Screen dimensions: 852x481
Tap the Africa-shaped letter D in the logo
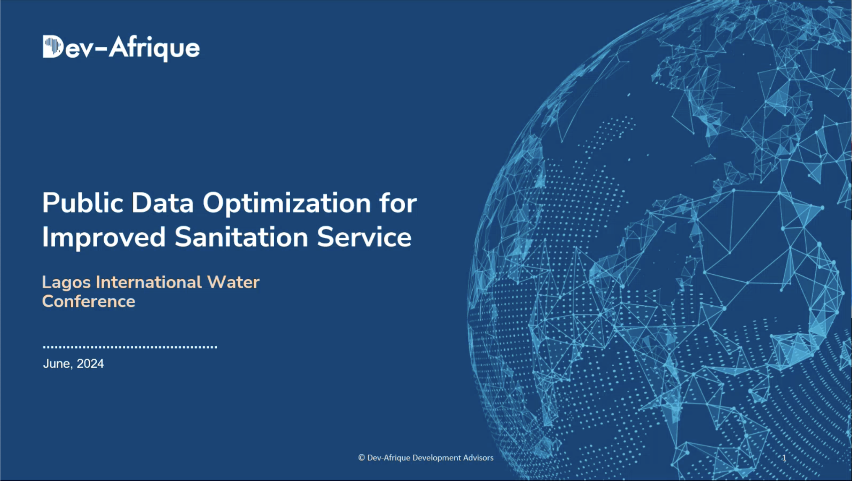pos(53,46)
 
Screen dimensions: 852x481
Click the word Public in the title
pos(83,204)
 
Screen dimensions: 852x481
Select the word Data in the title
pos(162,203)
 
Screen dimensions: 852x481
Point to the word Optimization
pos(287,204)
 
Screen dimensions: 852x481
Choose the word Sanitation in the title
pos(241,237)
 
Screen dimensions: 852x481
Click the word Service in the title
pos(364,237)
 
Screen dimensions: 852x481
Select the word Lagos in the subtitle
pos(66,283)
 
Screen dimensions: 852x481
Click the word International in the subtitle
pos(149,282)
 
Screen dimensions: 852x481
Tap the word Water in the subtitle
pos(233,282)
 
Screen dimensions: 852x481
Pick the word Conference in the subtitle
pos(89,301)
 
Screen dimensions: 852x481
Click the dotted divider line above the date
pos(130,347)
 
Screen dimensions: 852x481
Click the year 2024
pos(90,364)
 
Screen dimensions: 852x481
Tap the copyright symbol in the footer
pos(361,458)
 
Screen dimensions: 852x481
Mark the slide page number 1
pos(784,458)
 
